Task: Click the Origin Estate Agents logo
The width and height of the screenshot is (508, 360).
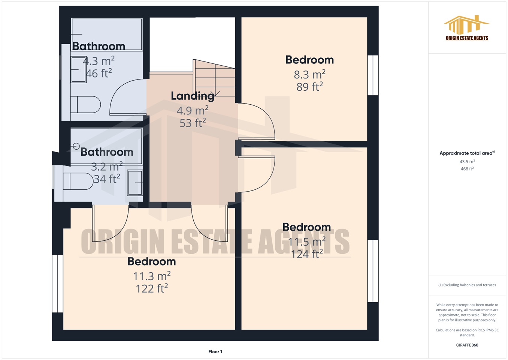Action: click(467, 28)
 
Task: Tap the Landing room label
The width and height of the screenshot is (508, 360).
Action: click(193, 96)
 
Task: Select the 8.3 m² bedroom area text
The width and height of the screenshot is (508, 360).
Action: click(309, 74)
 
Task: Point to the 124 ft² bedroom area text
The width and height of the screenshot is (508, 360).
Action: click(307, 254)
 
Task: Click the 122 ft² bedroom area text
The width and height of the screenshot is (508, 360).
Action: click(151, 288)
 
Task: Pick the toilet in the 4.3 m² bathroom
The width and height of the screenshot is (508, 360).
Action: click(86, 105)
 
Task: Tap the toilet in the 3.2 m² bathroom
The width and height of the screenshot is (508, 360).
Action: click(78, 181)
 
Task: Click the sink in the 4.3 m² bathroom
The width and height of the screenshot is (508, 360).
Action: click(79, 69)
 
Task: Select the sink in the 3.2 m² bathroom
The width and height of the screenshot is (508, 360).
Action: click(135, 183)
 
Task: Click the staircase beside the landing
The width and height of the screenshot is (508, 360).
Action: click(214, 79)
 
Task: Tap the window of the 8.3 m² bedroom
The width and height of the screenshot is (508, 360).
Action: click(373, 75)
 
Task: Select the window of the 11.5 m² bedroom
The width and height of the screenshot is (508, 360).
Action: click(373, 271)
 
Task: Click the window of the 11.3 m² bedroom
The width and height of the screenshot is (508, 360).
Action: click(57, 283)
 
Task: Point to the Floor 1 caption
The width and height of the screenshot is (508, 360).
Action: click(215, 352)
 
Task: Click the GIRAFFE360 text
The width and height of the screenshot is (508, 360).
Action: click(467, 345)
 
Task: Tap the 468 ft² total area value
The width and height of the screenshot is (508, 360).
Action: click(467, 169)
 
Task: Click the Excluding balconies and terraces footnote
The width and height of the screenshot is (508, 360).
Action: click(467, 285)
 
